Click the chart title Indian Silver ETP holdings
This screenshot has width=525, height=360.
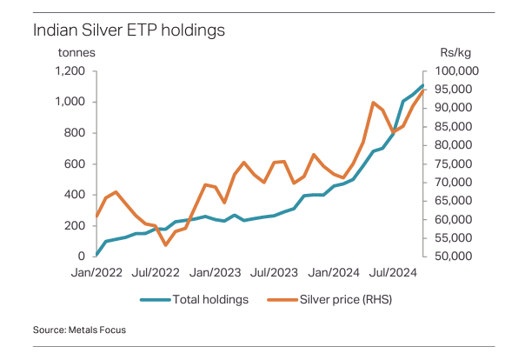coord(129,30)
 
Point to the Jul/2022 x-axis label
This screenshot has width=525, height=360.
coord(156,272)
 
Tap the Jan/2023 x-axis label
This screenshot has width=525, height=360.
coord(216,272)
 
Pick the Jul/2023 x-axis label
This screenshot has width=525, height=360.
coord(275,272)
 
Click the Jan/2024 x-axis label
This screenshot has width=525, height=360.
coord(335,272)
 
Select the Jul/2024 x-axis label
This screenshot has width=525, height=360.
coord(395,272)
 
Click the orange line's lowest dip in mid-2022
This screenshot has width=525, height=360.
coord(165,244)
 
